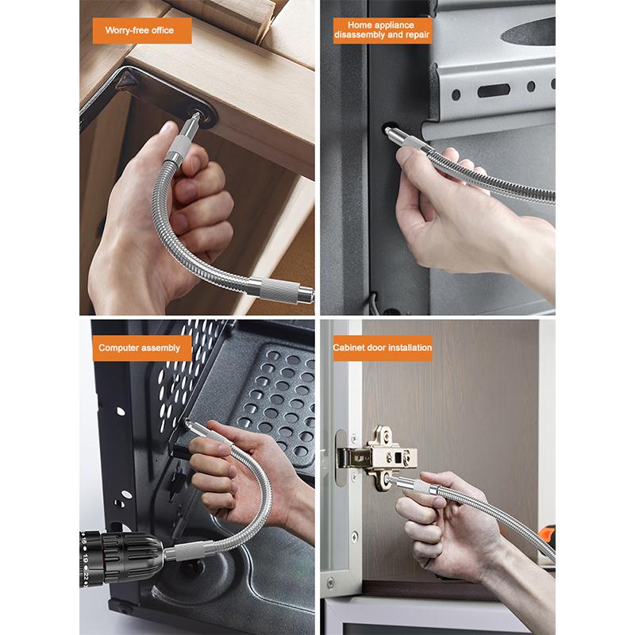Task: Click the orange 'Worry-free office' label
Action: point(139,31)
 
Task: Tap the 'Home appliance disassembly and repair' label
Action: point(383,30)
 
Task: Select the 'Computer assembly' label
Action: point(140,348)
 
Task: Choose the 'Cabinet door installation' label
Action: point(383,348)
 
